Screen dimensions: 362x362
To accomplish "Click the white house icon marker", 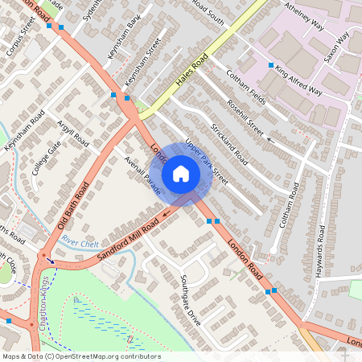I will tap(181, 174).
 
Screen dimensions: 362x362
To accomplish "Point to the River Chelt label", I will tap(80, 243).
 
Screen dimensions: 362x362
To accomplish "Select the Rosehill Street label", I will tap(245, 117).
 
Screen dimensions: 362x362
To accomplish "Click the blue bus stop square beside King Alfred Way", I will tap(271, 64).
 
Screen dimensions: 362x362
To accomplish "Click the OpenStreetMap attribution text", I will tap(80, 356).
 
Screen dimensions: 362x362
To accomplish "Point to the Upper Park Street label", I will tap(206, 162).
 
